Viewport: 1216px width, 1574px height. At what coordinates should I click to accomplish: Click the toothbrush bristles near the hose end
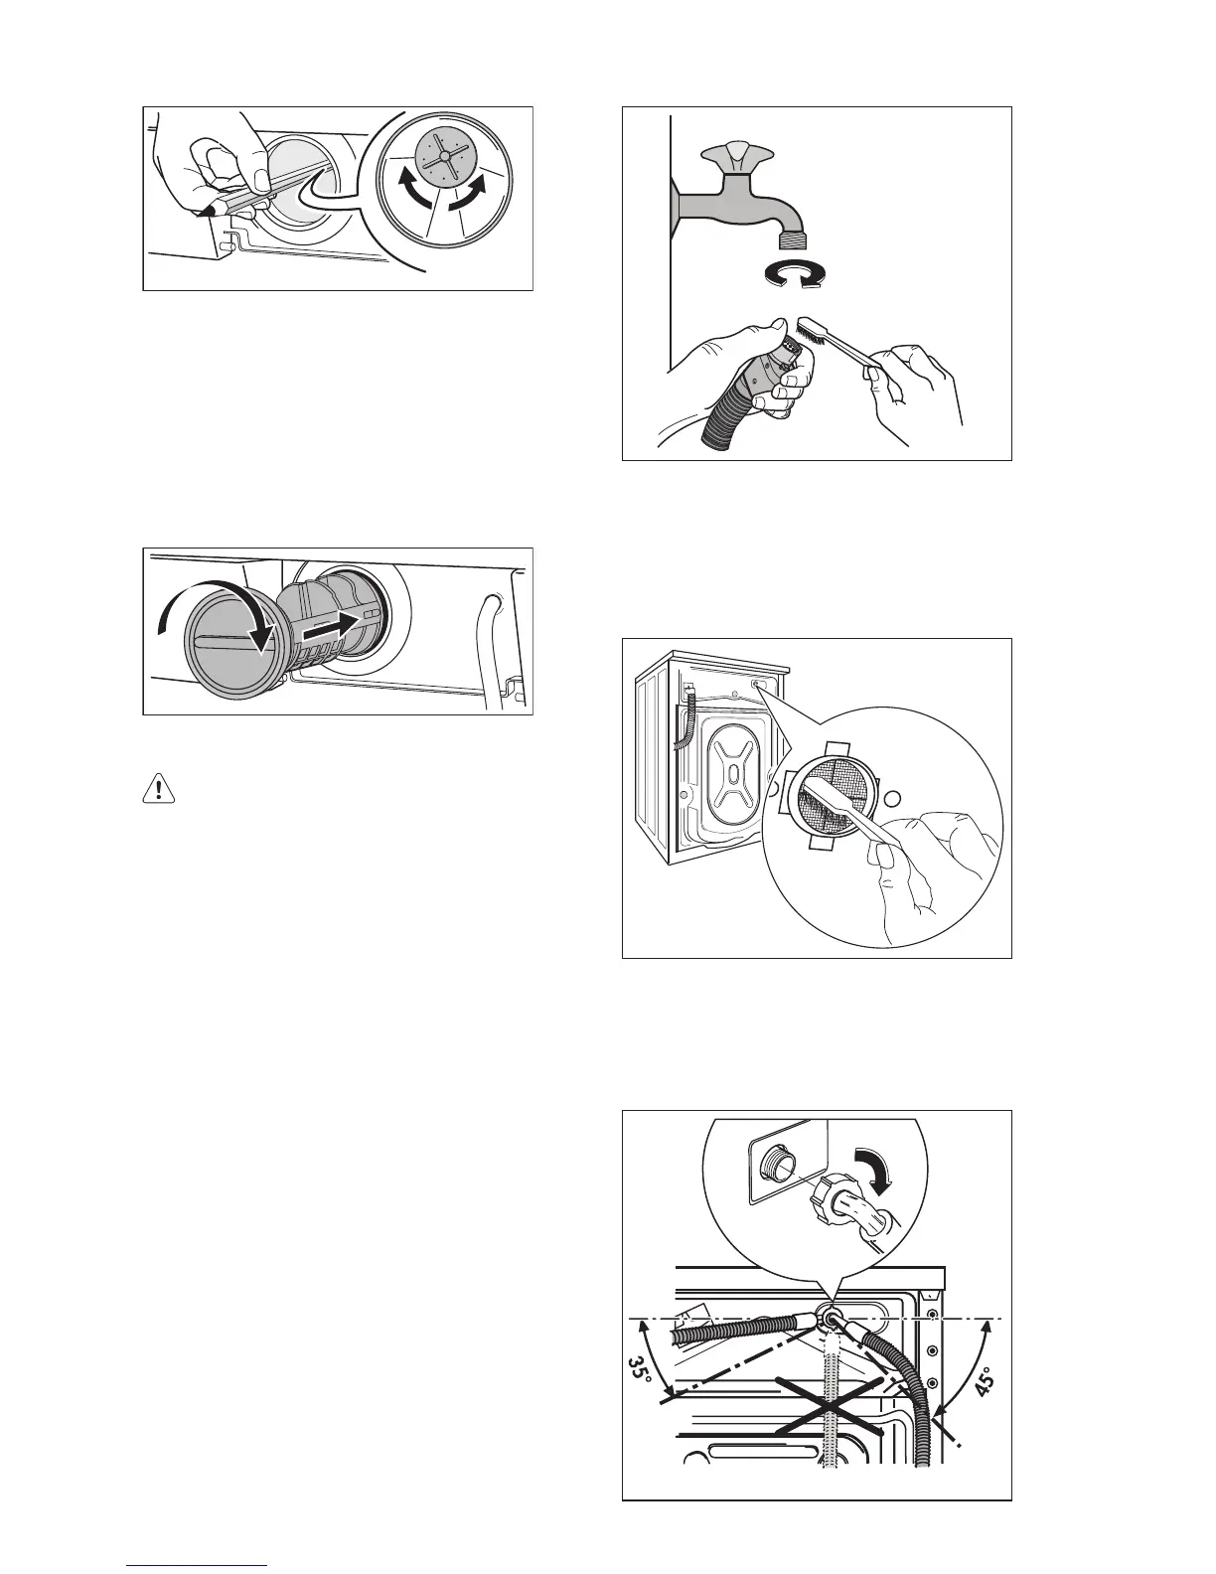pos(811,333)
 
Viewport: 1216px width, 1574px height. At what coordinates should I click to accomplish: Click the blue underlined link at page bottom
pos(197,1565)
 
